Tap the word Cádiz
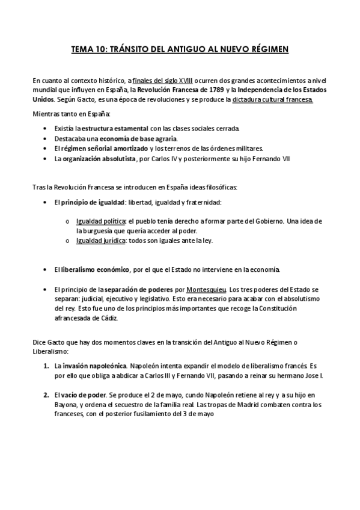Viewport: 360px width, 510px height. point(109,318)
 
